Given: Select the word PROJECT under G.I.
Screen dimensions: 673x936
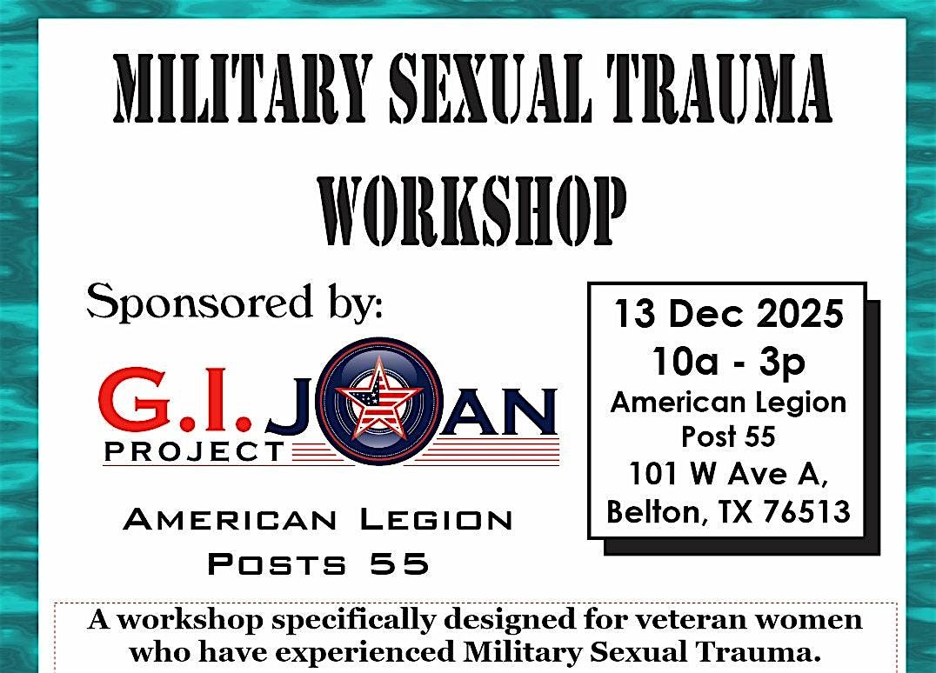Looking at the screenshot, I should pos(195,452).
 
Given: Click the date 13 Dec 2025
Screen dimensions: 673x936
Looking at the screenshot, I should pos(728,314).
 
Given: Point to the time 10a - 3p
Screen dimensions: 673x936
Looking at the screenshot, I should pos(729,362).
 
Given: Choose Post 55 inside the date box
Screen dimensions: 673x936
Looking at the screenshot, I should pos(728,436).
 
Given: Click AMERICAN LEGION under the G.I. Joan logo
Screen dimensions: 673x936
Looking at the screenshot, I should pos(318,520).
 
